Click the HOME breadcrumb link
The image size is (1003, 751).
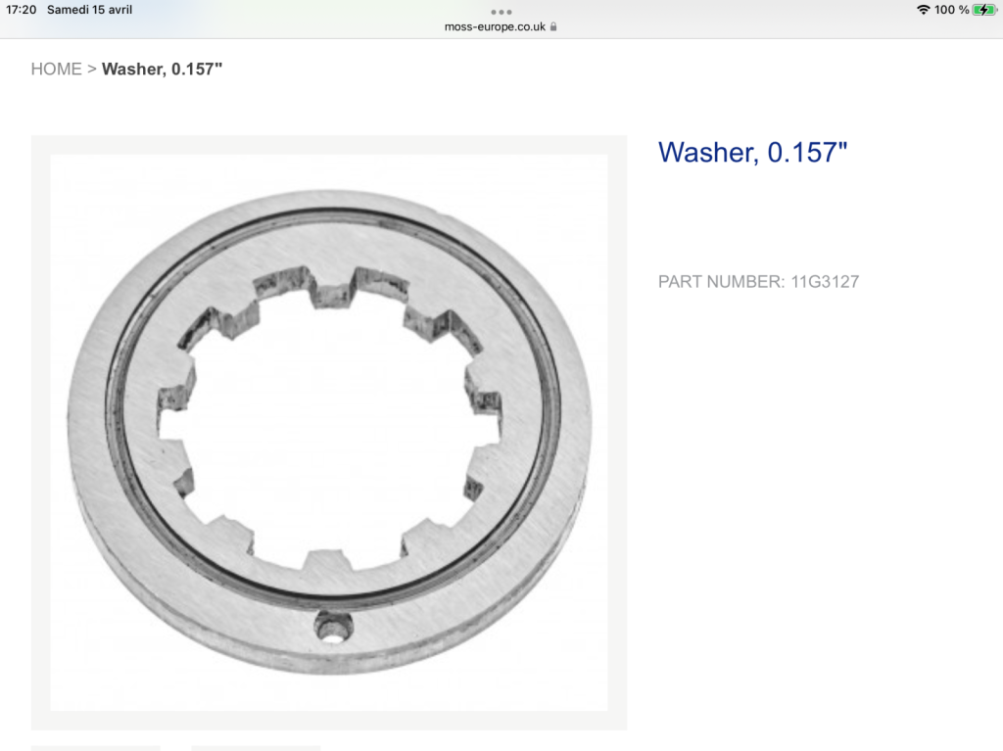pyautogui.click(x=56, y=70)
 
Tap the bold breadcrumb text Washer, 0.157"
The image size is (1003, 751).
pyautogui.click(x=162, y=70)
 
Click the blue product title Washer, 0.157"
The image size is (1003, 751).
pyautogui.click(x=752, y=153)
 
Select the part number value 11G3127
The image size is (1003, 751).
pyautogui.click(x=825, y=282)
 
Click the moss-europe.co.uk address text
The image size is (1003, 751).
pyautogui.click(x=495, y=26)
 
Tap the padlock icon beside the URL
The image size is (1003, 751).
pyautogui.click(x=553, y=26)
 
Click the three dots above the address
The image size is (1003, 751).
pyautogui.click(x=501, y=12)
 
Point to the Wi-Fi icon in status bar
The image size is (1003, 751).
pyautogui.click(x=923, y=10)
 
